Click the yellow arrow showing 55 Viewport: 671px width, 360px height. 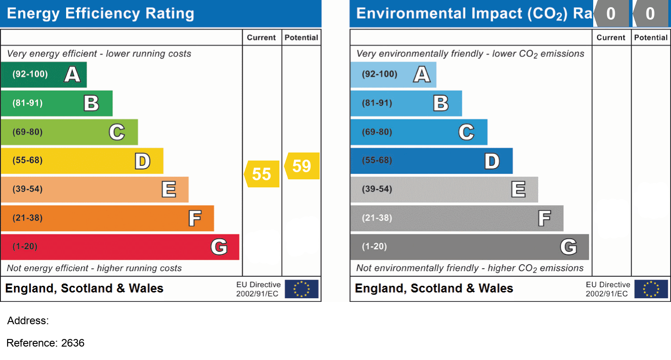click(x=262, y=174)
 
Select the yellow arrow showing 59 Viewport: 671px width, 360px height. click(x=303, y=166)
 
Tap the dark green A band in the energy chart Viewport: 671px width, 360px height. click(x=43, y=74)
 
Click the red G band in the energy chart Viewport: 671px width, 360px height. click(x=119, y=247)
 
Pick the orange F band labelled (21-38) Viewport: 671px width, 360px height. click(x=107, y=218)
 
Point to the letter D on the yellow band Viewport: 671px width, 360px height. click(x=143, y=161)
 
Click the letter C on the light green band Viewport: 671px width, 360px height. click(x=117, y=132)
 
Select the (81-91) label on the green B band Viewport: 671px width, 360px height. click(x=27, y=103)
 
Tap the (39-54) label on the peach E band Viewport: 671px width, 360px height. click(x=27, y=190)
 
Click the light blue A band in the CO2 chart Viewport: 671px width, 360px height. click(x=393, y=74)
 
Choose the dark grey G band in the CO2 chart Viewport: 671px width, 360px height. click(x=469, y=247)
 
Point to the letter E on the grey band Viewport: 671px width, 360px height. click(x=519, y=190)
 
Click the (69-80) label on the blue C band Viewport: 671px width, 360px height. click(x=377, y=132)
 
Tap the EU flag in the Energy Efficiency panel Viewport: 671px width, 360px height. click(x=302, y=289)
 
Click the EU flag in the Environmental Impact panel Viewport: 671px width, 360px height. click(x=651, y=289)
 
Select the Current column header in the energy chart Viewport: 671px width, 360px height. click(x=262, y=38)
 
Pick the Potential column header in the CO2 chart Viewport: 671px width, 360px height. click(x=651, y=38)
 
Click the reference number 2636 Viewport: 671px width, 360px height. click(x=72, y=343)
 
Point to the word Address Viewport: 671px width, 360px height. click(x=28, y=321)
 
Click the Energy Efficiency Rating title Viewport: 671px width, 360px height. click(x=101, y=13)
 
